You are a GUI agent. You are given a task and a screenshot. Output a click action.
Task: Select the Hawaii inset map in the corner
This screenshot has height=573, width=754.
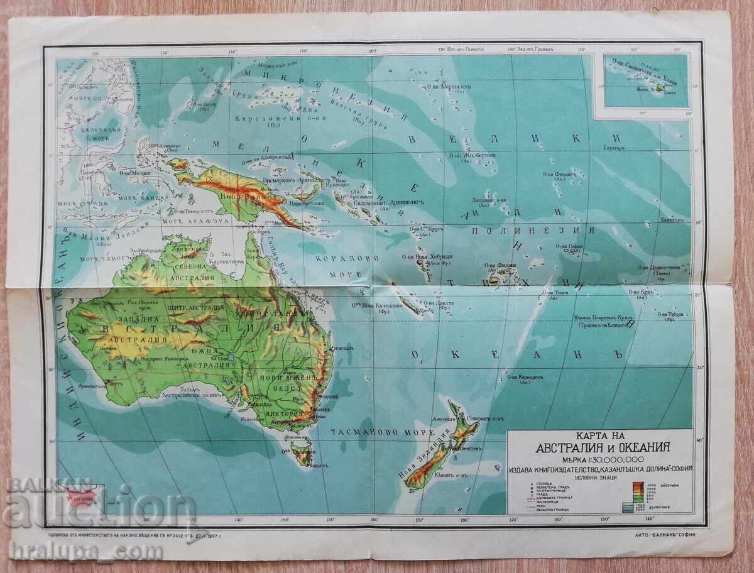645,80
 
